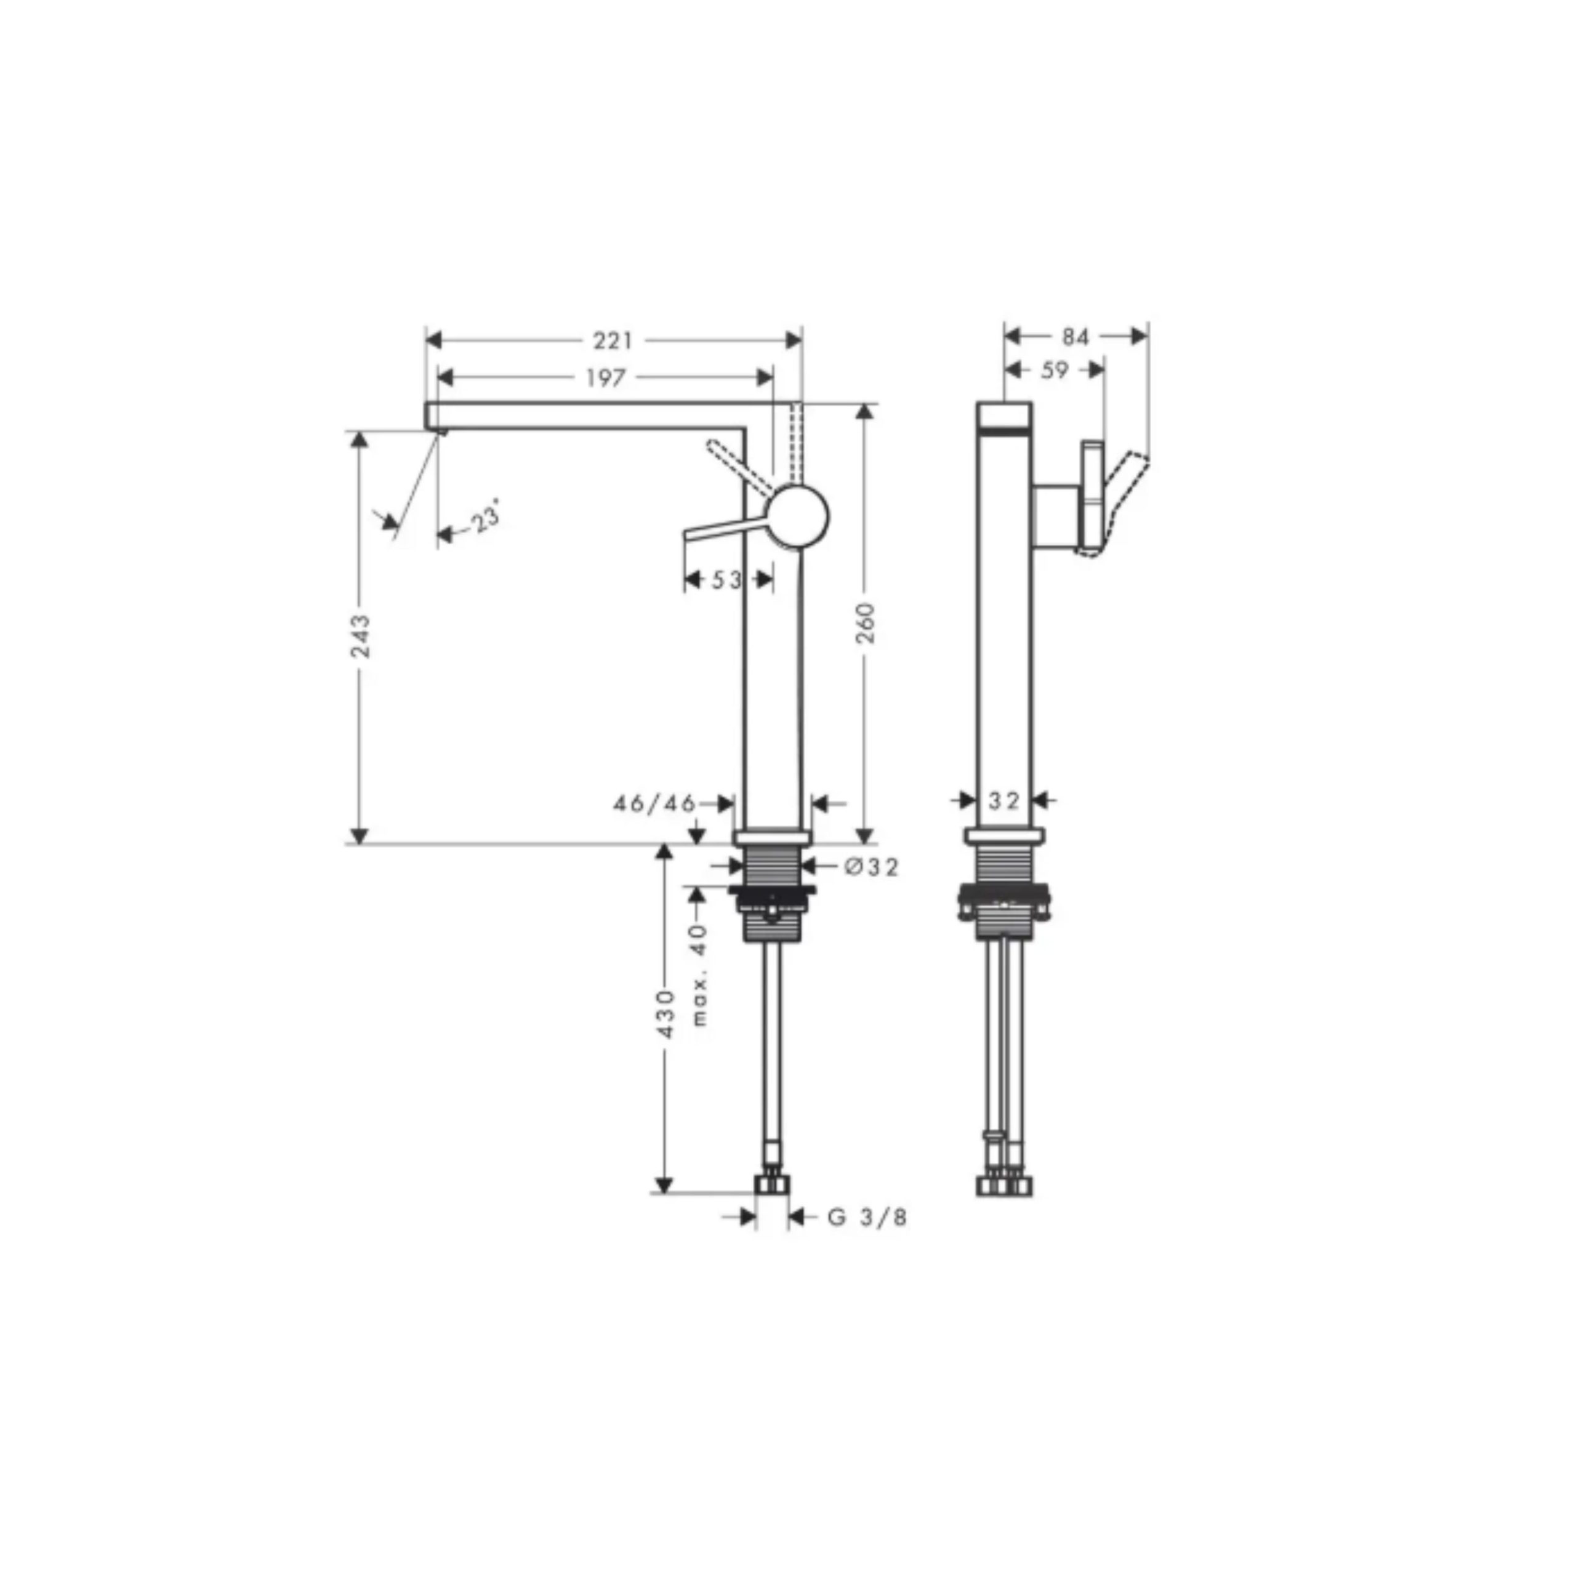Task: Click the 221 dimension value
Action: [x=613, y=340]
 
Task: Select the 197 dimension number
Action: [x=605, y=377]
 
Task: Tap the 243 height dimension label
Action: [x=360, y=637]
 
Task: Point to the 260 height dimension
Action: [x=866, y=622]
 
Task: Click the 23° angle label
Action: [x=484, y=519]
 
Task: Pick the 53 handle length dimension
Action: [x=727, y=580]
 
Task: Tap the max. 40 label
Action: [x=700, y=975]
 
